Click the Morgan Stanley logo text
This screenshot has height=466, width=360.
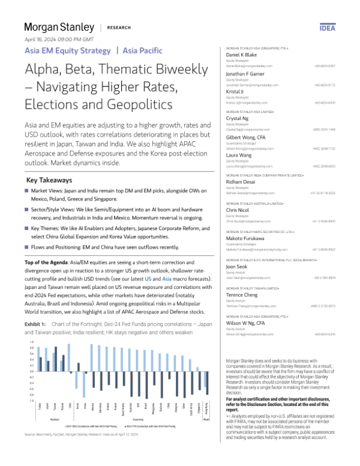tap(59, 28)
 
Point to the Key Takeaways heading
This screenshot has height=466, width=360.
tap(50, 163)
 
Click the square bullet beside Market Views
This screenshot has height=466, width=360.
tap(28, 174)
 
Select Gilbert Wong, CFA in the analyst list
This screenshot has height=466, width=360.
tap(244, 138)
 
